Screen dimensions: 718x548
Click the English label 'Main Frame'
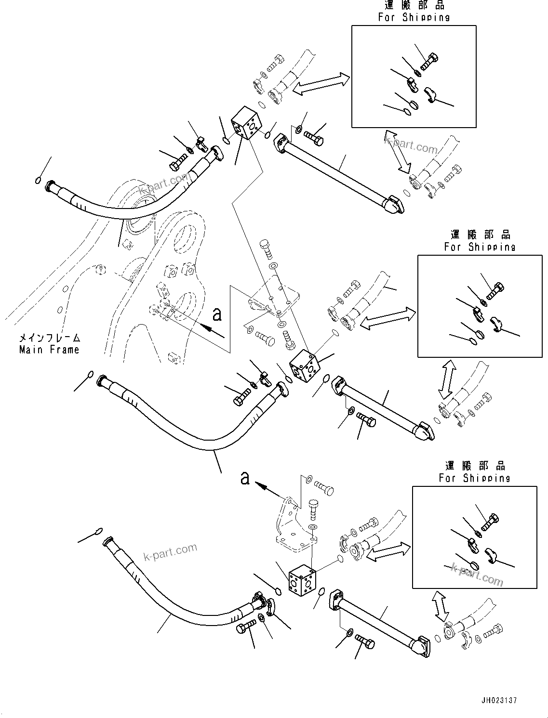(49, 350)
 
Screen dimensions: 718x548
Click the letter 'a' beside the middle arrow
(217, 314)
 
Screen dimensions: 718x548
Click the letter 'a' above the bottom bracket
(245, 478)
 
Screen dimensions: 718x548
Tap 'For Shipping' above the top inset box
(414, 17)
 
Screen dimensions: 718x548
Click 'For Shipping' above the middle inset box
(480, 247)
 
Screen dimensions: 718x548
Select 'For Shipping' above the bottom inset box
(474, 478)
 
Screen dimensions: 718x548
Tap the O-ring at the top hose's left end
(37, 181)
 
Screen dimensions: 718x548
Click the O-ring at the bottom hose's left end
(99, 531)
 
